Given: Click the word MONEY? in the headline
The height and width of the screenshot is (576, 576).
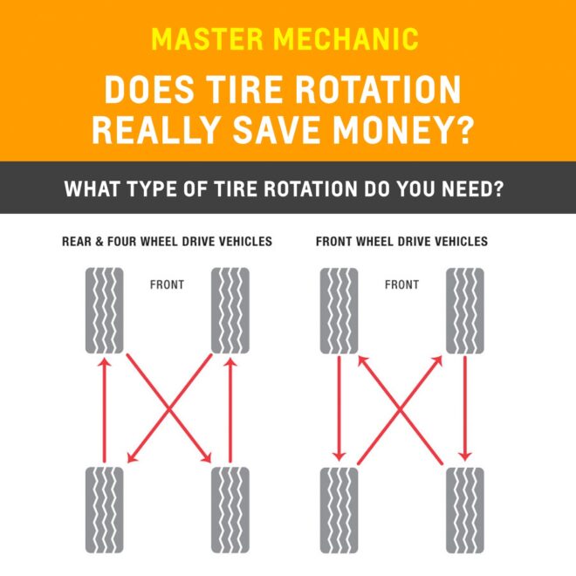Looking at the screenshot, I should click(x=401, y=130).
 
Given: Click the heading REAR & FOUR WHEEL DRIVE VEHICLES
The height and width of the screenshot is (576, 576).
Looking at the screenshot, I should click(x=167, y=241).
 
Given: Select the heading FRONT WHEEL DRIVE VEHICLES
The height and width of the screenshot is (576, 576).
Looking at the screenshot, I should click(x=401, y=241).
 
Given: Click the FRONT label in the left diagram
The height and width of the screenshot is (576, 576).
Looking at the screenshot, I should click(x=167, y=285).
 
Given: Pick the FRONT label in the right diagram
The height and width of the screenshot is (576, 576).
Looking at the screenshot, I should click(x=401, y=285).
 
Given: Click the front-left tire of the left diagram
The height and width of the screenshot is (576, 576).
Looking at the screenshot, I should click(x=104, y=310).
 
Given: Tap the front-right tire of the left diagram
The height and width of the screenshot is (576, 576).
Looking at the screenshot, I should click(x=230, y=310).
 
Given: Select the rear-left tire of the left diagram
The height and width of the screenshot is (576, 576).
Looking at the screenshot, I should click(x=104, y=510).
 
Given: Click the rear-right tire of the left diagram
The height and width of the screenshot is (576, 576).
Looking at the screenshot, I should click(x=230, y=510).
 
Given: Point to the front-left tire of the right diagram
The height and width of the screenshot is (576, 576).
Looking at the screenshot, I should click(x=339, y=310).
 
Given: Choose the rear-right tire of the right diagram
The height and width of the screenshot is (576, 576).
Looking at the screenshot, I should click(x=464, y=510).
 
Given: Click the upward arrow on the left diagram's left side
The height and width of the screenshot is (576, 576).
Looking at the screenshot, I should click(x=104, y=410).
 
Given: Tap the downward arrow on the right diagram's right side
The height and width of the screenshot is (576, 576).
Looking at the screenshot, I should click(x=464, y=410).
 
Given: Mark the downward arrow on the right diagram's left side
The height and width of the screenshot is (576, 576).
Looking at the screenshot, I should click(x=339, y=410).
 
